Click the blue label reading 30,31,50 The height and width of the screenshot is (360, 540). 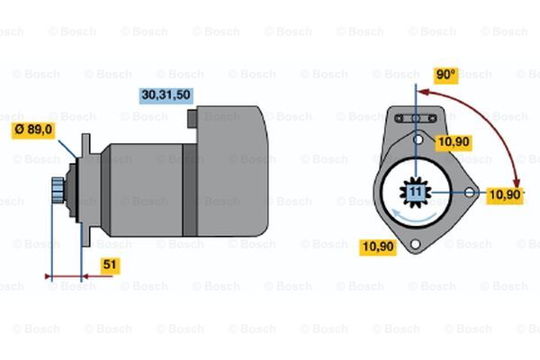point(166,95)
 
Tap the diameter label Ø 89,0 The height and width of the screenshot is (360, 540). point(33,130)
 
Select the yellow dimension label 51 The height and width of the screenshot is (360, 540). point(110,265)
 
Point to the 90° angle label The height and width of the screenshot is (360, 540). point(445,75)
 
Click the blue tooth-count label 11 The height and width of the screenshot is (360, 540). point(416,192)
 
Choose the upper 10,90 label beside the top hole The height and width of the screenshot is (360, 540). point(454,142)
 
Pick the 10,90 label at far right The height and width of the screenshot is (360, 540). point(505,195)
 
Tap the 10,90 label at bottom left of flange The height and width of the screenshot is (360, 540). point(378,247)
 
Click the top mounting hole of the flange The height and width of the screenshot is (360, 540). point(418,139)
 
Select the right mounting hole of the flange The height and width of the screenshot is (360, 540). point(470,193)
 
